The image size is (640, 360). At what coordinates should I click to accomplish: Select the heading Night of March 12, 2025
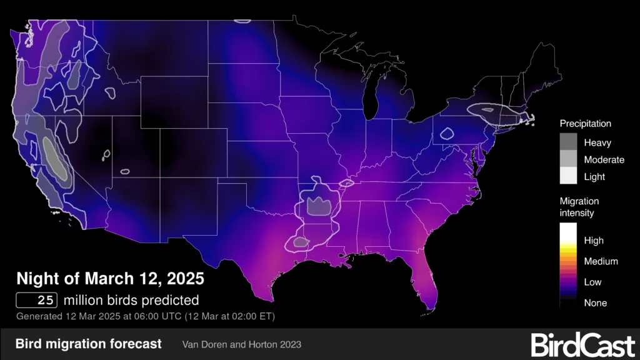pyautogui.click(x=110, y=278)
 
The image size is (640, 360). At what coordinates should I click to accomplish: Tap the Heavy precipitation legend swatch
pyautogui.click(x=569, y=142)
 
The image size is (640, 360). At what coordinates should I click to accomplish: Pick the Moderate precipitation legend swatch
pyautogui.click(x=569, y=159)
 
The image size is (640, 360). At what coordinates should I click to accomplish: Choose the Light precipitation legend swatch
pyautogui.click(x=569, y=176)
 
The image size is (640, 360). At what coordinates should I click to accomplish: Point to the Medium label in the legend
pyautogui.click(x=601, y=261)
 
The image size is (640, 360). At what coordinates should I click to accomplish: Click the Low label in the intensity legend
pyautogui.click(x=592, y=282)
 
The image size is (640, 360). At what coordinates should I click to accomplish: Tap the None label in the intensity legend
pyautogui.click(x=595, y=302)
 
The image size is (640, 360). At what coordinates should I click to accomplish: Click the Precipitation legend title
pyautogui.click(x=585, y=124)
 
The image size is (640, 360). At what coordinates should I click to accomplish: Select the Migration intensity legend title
pyautogui.click(x=579, y=207)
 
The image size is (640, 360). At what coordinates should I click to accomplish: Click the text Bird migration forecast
pyautogui.click(x=88, y=344)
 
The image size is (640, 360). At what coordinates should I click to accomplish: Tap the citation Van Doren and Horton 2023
pyautogui.click(x=242, y=344)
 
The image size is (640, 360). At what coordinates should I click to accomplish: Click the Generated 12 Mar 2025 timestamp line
pyautogui.click(x=145, y=316)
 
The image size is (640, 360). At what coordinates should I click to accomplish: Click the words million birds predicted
pyautogui.click(x=131, y=299)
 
